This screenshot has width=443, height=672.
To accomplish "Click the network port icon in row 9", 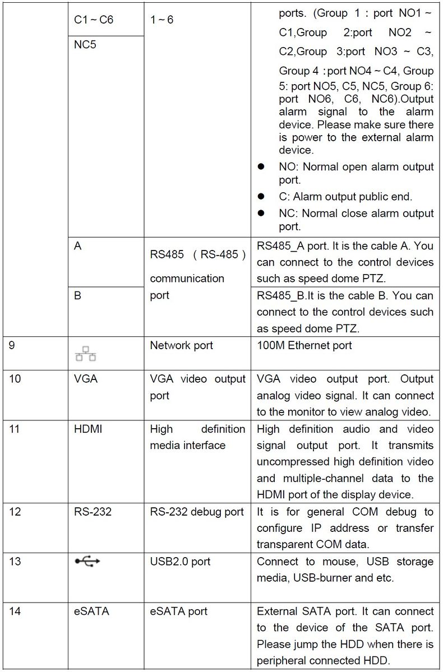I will [85, 353].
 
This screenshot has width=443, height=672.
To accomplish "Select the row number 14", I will [15, 611].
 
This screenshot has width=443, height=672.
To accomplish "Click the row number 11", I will [15, 429].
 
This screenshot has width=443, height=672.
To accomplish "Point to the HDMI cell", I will [88, 429].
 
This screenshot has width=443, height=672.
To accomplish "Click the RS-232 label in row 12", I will [93, 511].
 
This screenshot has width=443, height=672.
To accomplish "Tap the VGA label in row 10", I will [85, 379].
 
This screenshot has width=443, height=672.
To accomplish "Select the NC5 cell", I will [85, 44].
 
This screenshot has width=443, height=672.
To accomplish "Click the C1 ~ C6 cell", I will [94, 20].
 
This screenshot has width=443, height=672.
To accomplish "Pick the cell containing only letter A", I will [77, 246].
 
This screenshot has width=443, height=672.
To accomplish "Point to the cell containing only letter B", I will [77, 295].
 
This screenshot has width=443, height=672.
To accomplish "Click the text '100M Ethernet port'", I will [304, 345].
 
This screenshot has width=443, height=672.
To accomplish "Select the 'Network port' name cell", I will [181, 345].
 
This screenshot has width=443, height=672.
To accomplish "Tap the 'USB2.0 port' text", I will [179, 561].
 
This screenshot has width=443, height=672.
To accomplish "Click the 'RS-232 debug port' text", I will [197, 511].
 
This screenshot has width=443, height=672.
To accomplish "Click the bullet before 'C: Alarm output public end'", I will [261, 197].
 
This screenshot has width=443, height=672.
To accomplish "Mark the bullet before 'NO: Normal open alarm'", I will [261, 167].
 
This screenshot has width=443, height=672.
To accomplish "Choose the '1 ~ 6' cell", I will [162, 20].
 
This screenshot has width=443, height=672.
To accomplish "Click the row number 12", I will [15, 511].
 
